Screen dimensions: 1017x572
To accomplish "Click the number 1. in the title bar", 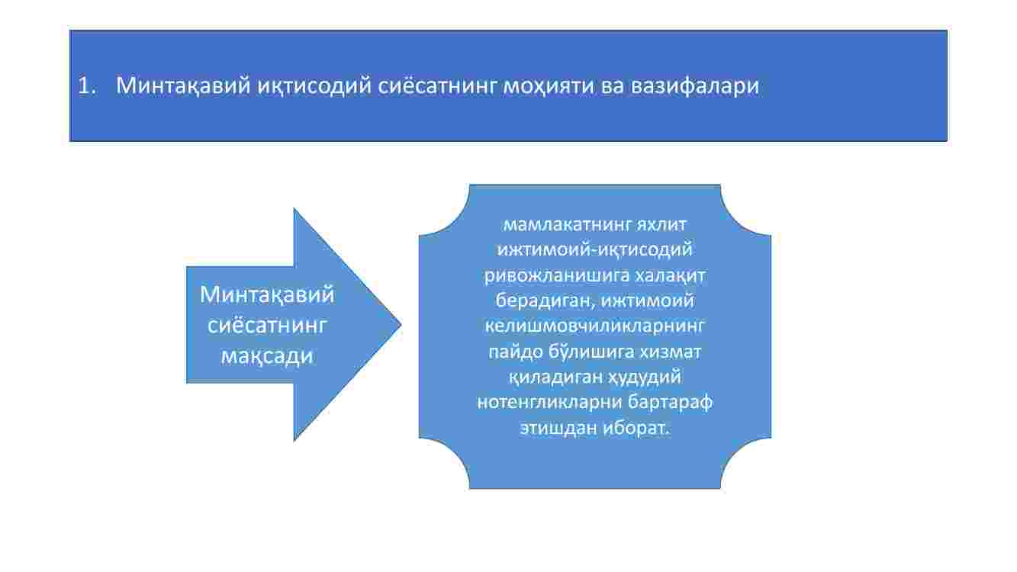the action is [x=87, y=85].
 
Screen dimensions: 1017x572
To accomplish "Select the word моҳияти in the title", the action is [x=548, y=85].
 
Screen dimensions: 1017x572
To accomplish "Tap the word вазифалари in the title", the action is [x=694, y=85].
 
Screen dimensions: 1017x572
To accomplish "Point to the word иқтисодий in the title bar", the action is [x=314, y=85].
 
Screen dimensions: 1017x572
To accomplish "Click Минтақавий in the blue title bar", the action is [x=183, y=85].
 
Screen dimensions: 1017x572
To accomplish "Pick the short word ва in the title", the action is [x=612, y=86].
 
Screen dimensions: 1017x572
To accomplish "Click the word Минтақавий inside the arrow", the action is [x=267, y=294].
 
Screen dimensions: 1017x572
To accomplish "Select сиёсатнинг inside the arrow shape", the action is [x=267, y=325].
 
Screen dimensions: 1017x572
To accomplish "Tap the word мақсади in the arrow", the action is [x=267, y=355].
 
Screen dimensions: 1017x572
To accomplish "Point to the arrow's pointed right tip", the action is [x=401, y=324].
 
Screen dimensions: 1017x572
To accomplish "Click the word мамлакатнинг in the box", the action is [x=567, y=224].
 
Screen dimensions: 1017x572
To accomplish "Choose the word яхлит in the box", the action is [x=661, y=224].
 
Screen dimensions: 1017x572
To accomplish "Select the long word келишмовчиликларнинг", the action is [x=595, y=326].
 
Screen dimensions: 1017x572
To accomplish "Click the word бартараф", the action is [x=670, y=402].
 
